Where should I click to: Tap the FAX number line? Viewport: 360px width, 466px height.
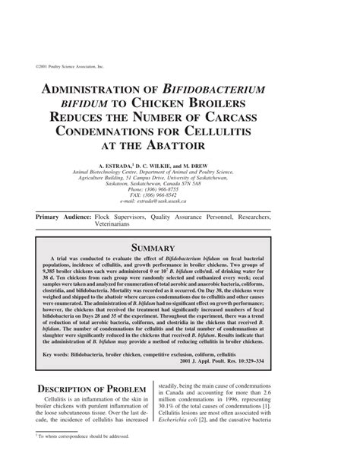(x=179, y=195)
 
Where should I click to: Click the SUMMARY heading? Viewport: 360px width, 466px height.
(x=179, y=248)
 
